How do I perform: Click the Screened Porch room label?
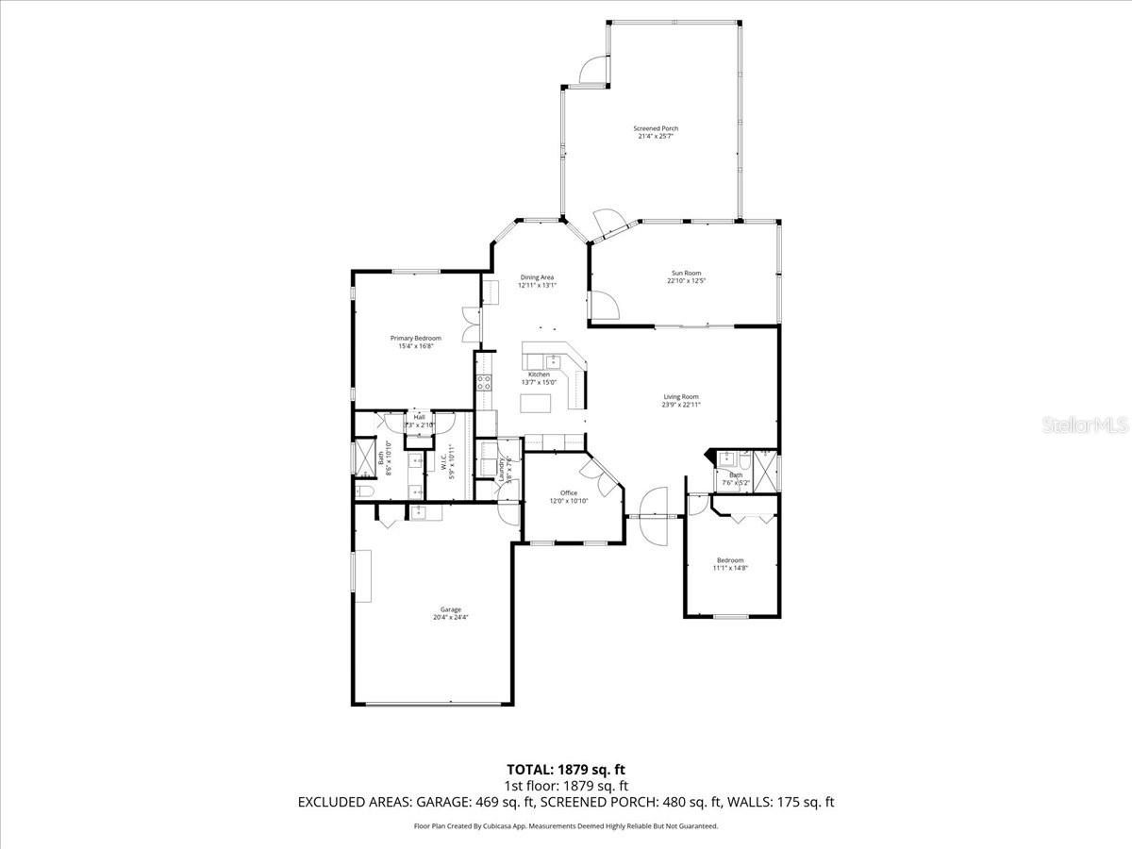click(655, 128)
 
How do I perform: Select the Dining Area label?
click(538, 277)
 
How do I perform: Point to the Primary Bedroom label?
click(415, 338)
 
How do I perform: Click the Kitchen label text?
click(539, 375)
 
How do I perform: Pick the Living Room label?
click(681, 397)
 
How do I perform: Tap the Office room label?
click(569, 492)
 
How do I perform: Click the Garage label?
click(450, 609)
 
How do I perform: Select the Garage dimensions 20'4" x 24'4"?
click(450, 618)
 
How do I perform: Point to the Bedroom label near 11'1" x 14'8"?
click(729, 560)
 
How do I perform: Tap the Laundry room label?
click(500, 465)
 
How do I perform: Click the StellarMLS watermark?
click(1084, 424)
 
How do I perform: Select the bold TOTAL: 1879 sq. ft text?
click(566, 769)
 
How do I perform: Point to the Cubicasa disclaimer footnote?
click(566, 825)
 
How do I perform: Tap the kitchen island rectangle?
click(538, 403)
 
